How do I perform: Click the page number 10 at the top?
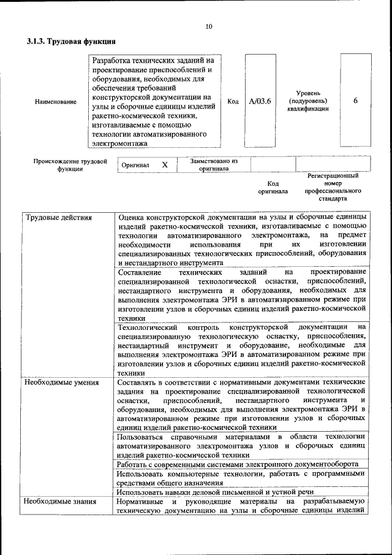(x=208, y=26)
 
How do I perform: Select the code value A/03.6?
(x=260, y=101)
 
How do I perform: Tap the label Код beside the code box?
(x=233, y=101)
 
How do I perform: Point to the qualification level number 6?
(x=355, y=101)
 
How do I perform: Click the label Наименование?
(x=56, y=102)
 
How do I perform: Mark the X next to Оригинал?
(x=164, y=165)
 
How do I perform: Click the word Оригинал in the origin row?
(x=135, y=166)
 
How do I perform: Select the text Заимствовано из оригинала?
(x=213, y=164)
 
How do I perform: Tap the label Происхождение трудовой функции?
(x=70, y=165)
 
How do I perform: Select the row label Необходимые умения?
(x=62, y=383)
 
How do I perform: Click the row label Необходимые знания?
(x=61, y=502)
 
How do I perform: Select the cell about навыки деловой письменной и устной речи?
(x=215, y=492)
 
